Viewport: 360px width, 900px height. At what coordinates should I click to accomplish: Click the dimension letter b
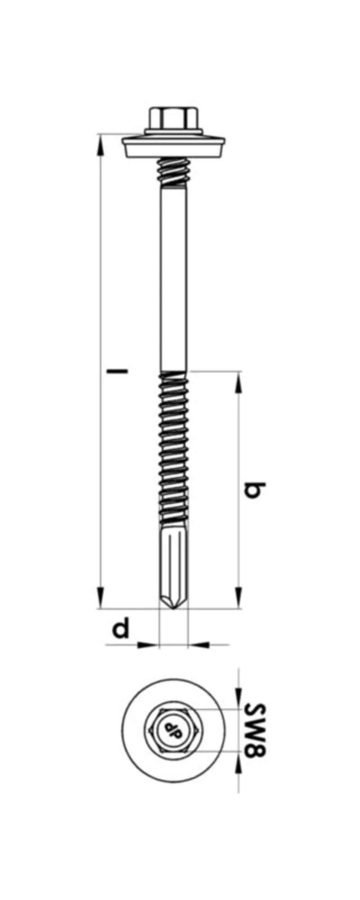click(255, 491)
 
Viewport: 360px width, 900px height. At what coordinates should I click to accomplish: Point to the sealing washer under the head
click(174, 147)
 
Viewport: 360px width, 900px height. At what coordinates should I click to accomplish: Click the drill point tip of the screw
click(174, 605)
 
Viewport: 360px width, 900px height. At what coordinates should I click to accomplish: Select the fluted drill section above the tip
click(174, 558)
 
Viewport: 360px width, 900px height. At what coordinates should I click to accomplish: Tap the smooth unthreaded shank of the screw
click(174, 279)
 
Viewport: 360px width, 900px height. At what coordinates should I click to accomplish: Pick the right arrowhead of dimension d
click(198, 645)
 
